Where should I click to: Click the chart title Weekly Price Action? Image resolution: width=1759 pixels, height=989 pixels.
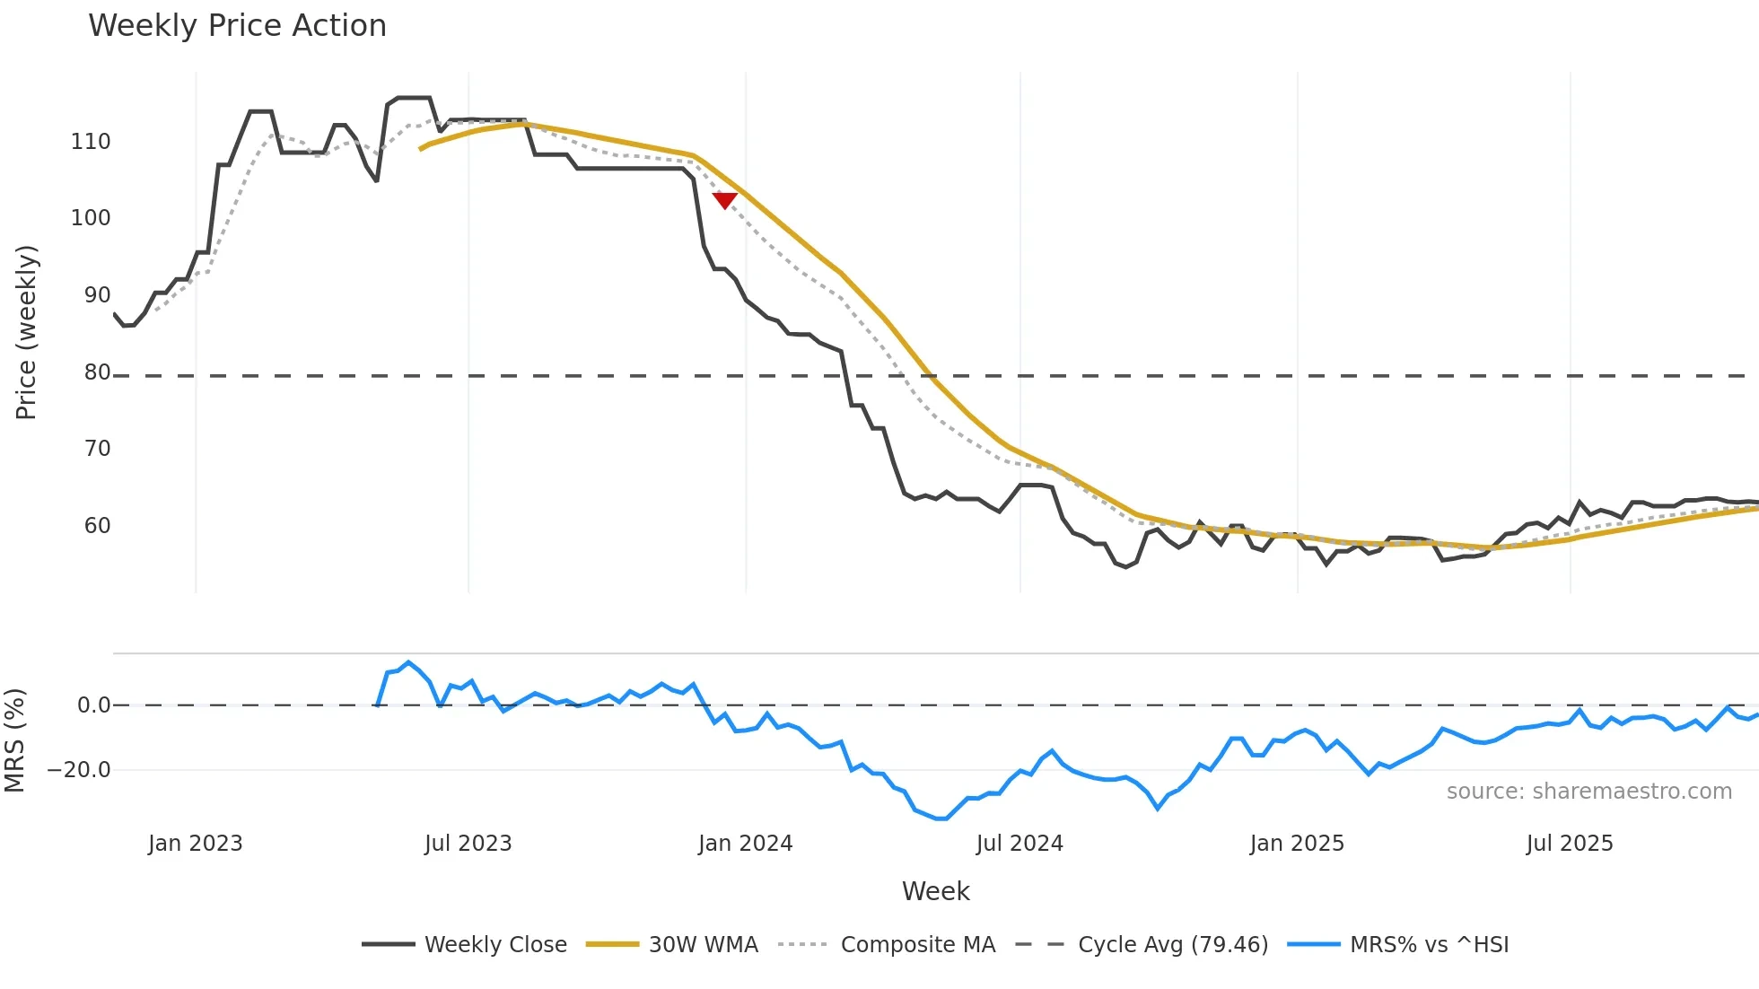[x=237, y=26]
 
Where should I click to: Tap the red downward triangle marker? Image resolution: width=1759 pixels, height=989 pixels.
[x=724, y=200]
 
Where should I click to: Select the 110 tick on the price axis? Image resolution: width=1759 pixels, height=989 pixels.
[x=91, y=142]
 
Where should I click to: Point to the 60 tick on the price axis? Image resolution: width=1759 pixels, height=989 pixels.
[x=97, y=526]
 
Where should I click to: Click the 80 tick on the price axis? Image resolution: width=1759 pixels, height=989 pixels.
[x=97, y=372]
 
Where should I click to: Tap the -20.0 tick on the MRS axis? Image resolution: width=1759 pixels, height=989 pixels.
[x=79, y=770]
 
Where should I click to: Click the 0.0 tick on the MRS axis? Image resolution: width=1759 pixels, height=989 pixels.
[x=93, y=705]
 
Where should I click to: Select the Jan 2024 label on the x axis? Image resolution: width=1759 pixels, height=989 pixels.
[x=745, y=844]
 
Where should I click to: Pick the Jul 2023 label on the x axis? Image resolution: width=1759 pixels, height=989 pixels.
[x=468, y=844]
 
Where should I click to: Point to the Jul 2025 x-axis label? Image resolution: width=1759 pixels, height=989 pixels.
[x=1569, y=844]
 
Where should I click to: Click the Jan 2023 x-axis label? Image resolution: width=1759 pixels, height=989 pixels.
[x=195, y=844]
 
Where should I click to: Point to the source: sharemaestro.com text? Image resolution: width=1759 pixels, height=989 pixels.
[x=1588, y=792]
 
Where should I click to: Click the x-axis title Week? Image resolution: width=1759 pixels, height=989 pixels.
[x=935, y=891]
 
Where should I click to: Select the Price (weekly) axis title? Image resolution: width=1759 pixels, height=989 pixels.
[x=26, y=332]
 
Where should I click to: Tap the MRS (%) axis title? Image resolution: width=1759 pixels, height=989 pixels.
[x=14, y=740]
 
